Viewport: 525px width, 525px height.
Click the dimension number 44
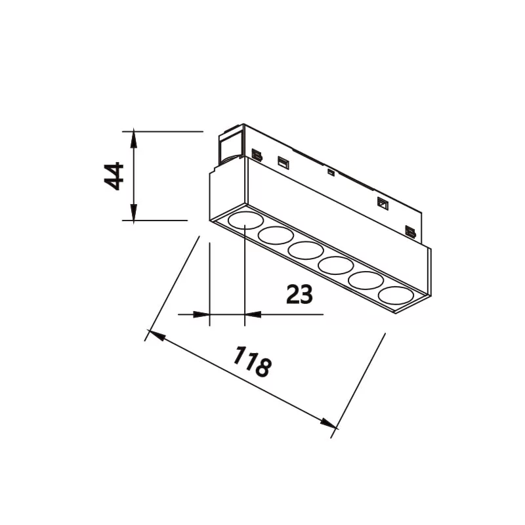(x=114, y=176)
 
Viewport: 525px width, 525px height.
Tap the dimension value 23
(x=299, y=295)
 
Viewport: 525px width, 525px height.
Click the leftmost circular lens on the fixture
(x=245, y=219)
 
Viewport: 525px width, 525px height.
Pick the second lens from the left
(x=276, y=235)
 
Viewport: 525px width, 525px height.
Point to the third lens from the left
(x=306, y=250)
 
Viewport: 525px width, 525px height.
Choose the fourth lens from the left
(x=336, y=265)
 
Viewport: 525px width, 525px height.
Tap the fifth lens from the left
(x=366, y=280)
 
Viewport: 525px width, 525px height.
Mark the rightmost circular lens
(x=396, y=295)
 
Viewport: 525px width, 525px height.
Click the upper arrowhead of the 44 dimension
(x=133, y=138)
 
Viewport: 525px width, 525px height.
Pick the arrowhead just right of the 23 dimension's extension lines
(x=253, y=314)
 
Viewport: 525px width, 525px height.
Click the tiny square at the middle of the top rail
(x=331, y=173)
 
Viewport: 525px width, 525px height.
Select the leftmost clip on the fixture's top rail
(x=257, y=155)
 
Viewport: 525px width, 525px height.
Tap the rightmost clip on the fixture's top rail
(x=410, y=231)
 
